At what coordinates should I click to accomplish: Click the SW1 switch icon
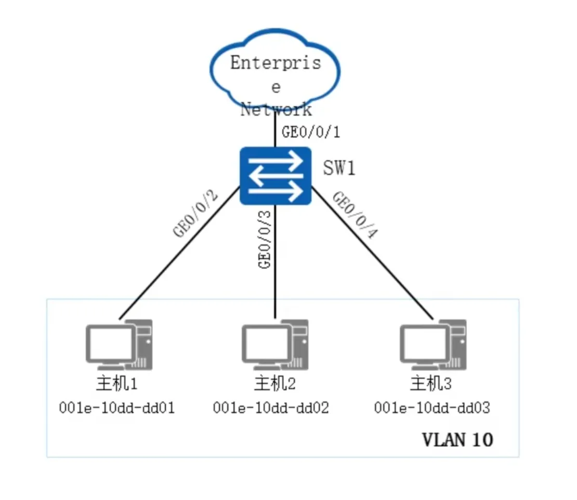[x=276, y=176]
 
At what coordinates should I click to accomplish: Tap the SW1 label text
[x=339, y=168]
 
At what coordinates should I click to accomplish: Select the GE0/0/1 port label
[x=310, y=132]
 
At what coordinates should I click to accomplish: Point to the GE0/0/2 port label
[x=196, y=215]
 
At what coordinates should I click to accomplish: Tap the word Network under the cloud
[x=276, y=110]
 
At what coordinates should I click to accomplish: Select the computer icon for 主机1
[x=119, y=343]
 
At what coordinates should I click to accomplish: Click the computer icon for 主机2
[x=275, y=343]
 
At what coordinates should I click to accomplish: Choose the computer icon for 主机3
[x=433, y=343]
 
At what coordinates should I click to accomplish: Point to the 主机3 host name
[x=431, y=385]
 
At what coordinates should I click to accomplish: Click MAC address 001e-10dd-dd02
[x=271, y=408]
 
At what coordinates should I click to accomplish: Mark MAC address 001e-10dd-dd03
[x=432, y=408]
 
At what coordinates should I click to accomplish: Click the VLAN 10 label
[x=457, y=440]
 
